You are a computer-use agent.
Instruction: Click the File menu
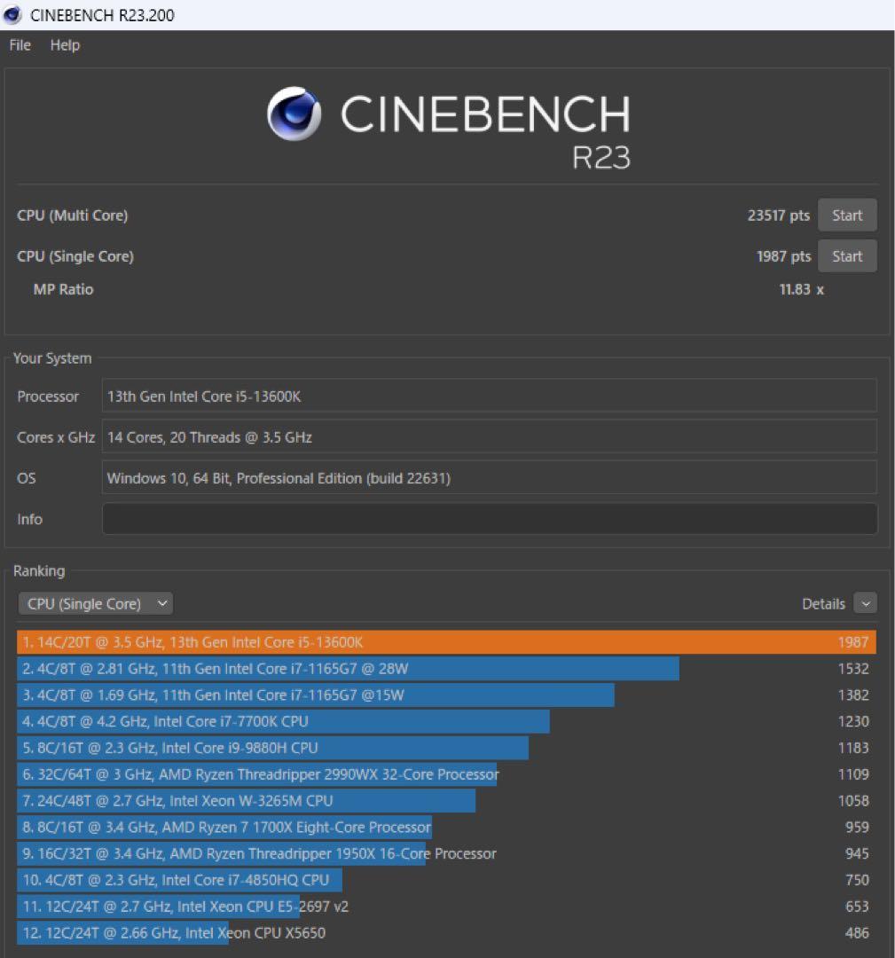pos(20,45)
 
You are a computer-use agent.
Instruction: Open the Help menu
pos(65,45)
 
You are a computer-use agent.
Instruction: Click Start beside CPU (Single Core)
pos(846,256)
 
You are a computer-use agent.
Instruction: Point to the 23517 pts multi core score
pos(778,216)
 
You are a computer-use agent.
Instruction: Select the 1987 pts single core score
pos(783,256)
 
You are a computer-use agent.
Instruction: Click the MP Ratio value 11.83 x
pos(801,289)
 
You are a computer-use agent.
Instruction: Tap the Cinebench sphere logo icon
pos(294,114)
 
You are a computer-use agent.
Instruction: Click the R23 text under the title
pos(601,157)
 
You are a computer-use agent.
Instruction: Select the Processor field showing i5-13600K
pos(489,397)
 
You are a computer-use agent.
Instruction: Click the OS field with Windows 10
pos(489,478)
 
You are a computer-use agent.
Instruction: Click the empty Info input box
pos(489,519)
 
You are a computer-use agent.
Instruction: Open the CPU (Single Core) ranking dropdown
pos(95,604)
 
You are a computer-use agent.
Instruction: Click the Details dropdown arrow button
pos(865,604)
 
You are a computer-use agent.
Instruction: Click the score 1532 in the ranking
pos(853,669)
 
